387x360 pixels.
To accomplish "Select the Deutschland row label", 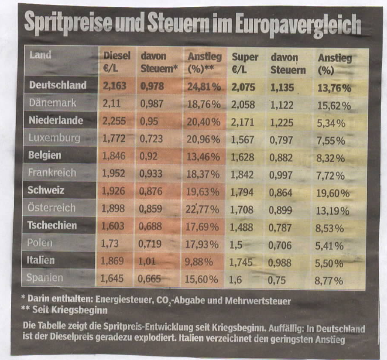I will (57, 86).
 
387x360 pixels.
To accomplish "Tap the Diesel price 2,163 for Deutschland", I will (114, 86).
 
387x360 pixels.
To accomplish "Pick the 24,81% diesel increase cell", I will (204, 87).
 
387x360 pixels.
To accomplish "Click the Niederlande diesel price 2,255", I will (114, 121).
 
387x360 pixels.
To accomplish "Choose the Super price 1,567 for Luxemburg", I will (243, 140).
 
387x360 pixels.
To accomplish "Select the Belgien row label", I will (45, 156).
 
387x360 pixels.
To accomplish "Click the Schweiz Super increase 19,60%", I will (333, 193).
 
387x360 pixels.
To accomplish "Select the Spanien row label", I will (45, 278).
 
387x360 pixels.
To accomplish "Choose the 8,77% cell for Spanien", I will (330, 281).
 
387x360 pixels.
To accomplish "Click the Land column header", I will (40, 55).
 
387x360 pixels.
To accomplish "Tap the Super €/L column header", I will (245, 63).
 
